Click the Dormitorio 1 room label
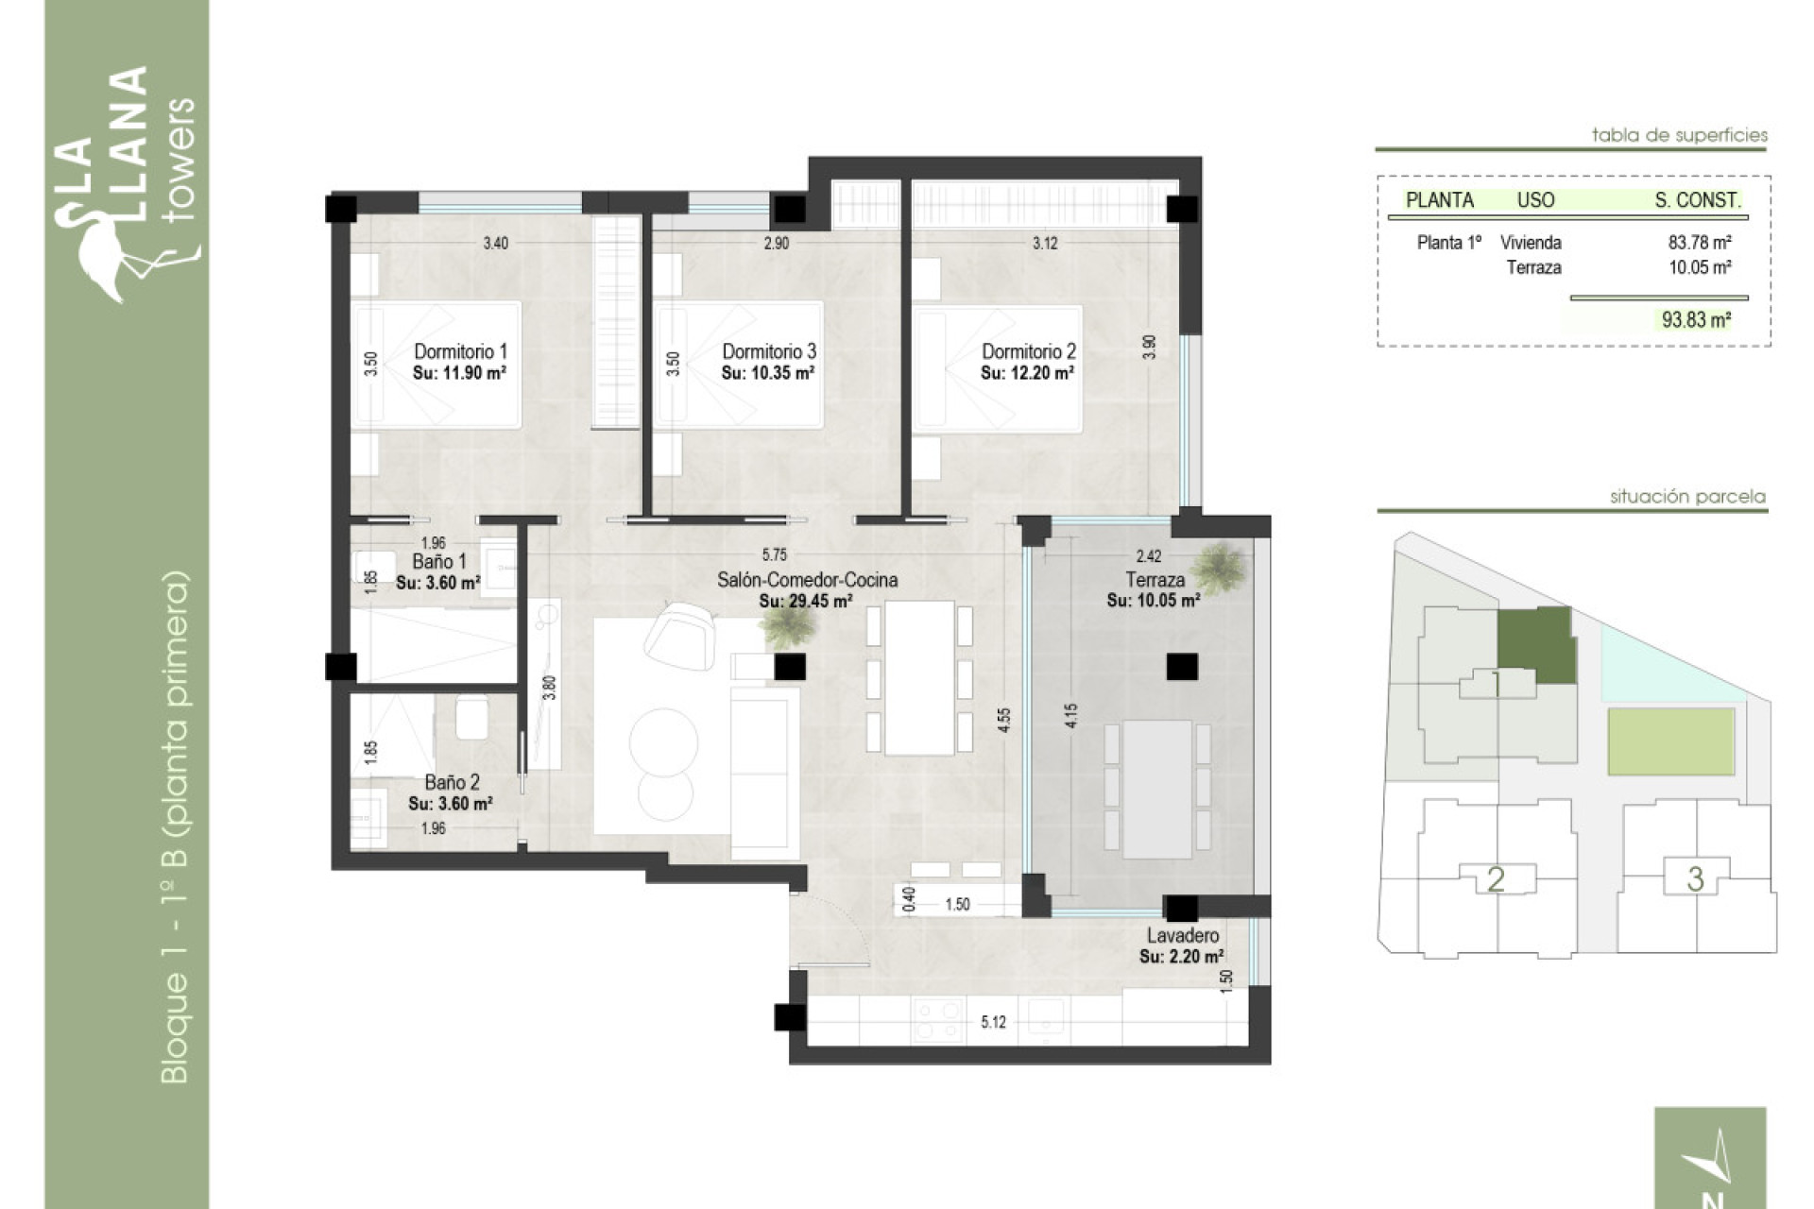[x=460, y=351]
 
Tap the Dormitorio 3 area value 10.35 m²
[x=767, y=373]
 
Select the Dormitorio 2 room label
[x=1028, y=351]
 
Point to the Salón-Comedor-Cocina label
[x=807, y=580]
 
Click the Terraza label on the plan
[x=1155, y=580]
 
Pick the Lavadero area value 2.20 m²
[x=1181, y=957]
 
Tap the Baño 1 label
[x=439, y=562]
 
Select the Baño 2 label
[x=452, y=782]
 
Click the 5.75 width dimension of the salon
[x=774, y=555]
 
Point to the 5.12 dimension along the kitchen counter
[x=993, y=1022]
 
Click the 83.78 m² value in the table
[x=1699, y=243]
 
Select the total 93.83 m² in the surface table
[x=1696, y=320]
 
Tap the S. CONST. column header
[x=1697, y=200]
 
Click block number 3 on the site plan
[x=1695, y=879]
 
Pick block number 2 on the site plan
[x=1496, y=879]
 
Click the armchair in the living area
[x=680, y=635]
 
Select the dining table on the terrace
[x=1157, y=789]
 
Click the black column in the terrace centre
[x=1181, y=667]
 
